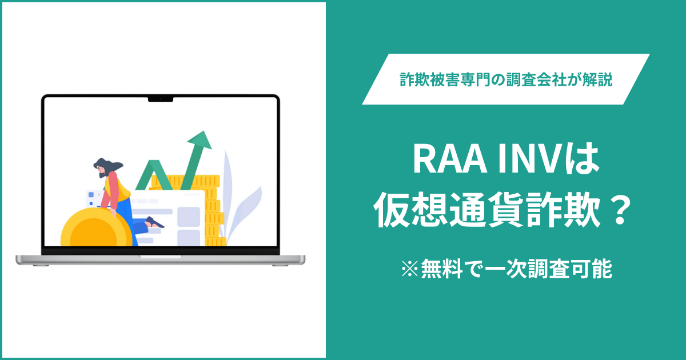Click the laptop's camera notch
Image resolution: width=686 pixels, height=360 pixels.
coord(161,99)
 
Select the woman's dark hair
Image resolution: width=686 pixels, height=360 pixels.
coord(107,167)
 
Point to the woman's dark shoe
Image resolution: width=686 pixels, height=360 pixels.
coord(154,222)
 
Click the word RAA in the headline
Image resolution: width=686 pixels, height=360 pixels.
coord(450,161)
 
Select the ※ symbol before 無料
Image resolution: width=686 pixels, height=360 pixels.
coord(410,269)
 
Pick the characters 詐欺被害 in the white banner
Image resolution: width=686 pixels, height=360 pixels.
coord(430,79)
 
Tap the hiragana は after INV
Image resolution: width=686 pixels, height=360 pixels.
coord(585,161)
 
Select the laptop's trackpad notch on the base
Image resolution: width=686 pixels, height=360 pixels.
coord(161,257)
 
